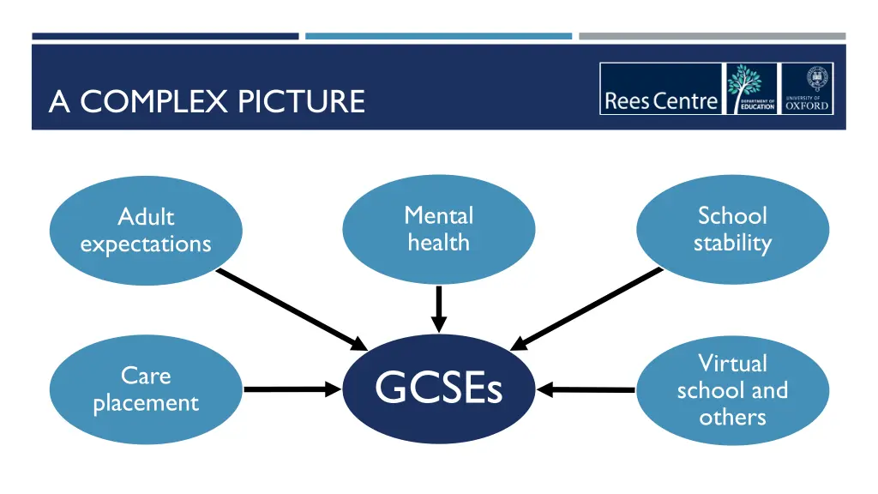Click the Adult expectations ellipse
click(146, 230)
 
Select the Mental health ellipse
click(438, 229)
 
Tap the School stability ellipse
click(732, 229)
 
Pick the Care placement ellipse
click(146, 389)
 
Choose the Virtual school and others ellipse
click(732, 389)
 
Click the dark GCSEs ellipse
click(438, 389)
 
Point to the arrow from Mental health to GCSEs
click(438, 309)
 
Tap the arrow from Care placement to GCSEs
click(292, 389)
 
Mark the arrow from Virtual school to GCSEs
click(586, 390)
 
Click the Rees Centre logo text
click(660, 101)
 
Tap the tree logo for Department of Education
click(751, 89)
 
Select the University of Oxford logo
click(807, 89)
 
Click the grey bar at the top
click(712, 36)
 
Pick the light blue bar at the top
click(438, 36)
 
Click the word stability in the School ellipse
click(732, 244)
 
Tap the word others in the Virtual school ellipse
click(732, 418)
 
